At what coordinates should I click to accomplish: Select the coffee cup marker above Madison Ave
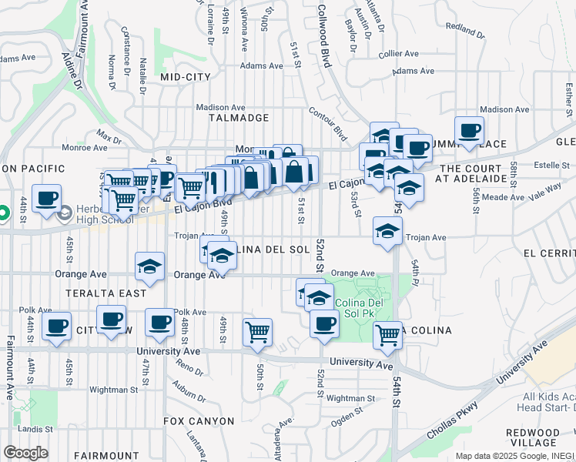click(468, 130)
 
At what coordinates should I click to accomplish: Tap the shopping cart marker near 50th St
click(257, 332)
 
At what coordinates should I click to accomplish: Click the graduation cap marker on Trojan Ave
click(387, 229)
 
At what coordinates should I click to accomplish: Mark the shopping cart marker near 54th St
click(387, 334)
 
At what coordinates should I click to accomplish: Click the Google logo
click(25, 453)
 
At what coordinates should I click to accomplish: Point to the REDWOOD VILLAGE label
click(544, 437)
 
